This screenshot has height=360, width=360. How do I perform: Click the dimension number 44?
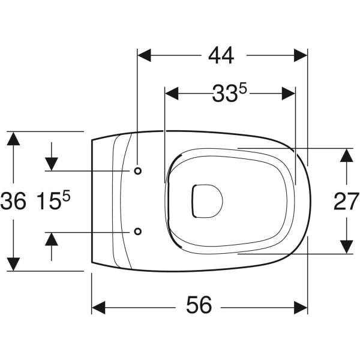[221, 56]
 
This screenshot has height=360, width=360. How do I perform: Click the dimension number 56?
[199, 305]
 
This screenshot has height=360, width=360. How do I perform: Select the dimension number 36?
[13, 201]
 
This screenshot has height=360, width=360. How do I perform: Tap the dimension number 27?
[346, 202]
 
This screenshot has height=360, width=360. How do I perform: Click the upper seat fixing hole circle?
[138, 171]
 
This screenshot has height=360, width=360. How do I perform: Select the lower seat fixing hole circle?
[138, 232]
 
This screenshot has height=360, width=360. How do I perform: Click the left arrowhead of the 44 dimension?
[144, 55]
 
